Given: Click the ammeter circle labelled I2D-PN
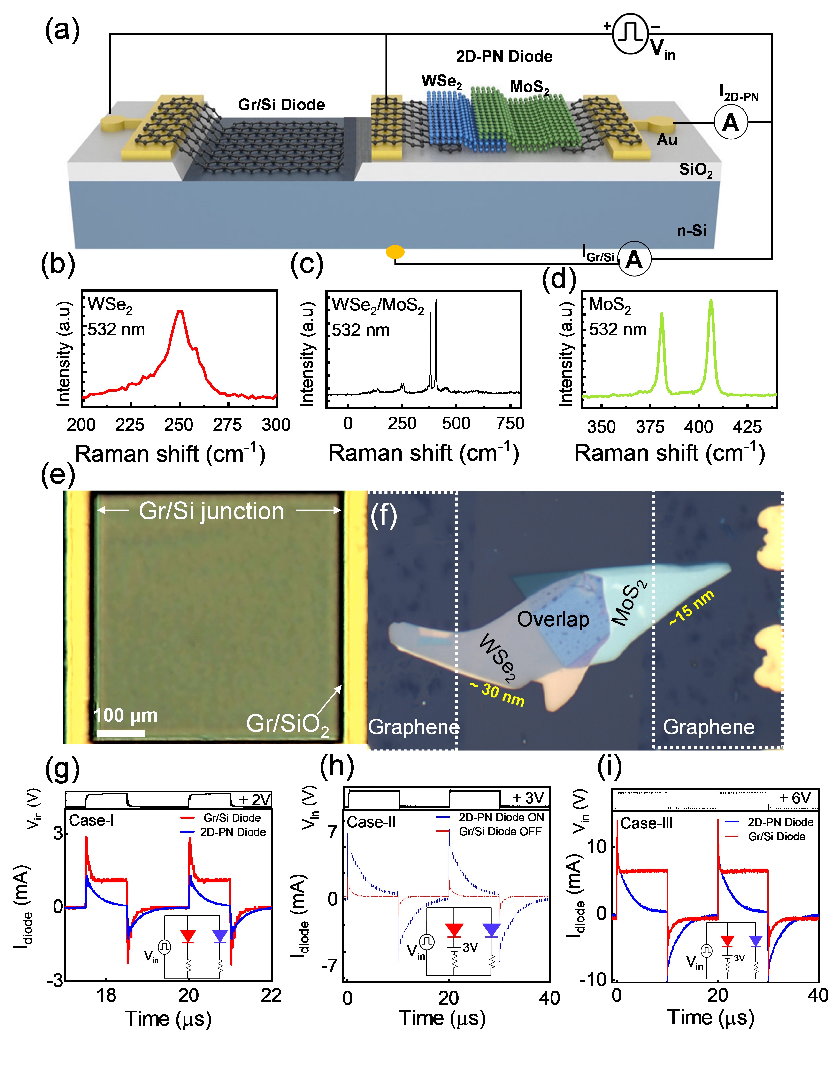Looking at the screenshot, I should (731, 122).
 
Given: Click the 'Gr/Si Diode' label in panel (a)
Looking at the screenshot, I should (281, 105).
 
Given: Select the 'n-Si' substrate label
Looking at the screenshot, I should (692, 231).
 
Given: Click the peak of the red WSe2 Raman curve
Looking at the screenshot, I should (180, 311).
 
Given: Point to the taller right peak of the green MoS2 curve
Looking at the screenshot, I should (711, 301).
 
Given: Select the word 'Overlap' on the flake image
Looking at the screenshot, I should (553, 620).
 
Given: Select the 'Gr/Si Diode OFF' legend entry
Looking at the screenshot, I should (500, 832).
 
